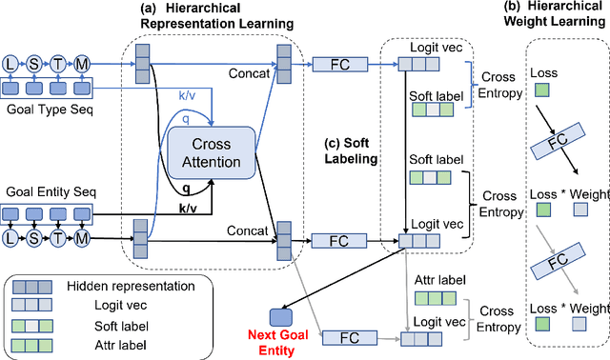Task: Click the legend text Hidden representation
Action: tap(136, 285)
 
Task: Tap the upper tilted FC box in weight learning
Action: tap(558, 145)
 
